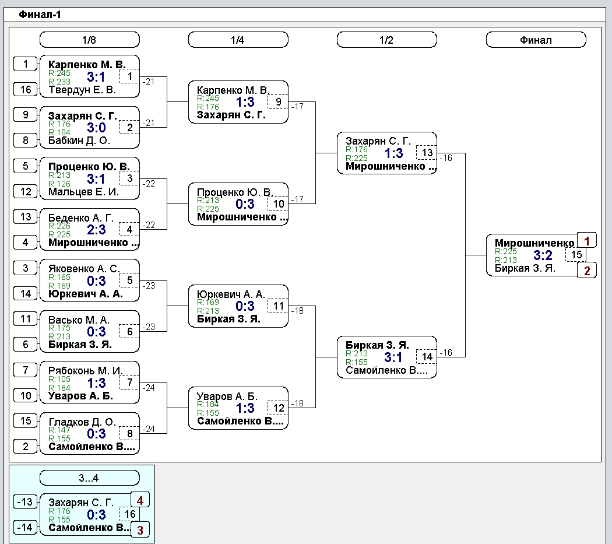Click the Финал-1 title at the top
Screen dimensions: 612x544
40,15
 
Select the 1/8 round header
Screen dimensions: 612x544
89,40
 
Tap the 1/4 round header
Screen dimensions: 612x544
238,40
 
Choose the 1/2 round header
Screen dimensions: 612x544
387,40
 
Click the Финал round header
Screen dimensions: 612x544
536,40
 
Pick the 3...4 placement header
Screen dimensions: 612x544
89,478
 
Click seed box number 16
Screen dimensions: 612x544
26,89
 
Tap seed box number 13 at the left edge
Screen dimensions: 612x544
26,217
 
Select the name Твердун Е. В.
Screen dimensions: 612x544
82,90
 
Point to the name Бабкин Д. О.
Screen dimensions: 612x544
79,141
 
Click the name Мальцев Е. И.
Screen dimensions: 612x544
83,192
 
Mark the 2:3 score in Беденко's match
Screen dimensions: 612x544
96,230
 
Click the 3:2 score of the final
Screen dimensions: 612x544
543,255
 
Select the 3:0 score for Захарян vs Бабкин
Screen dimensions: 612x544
96,128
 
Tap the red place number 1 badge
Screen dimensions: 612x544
586,241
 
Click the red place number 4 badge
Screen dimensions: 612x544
140,500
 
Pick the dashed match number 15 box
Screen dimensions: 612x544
576,255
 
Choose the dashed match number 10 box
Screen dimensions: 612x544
278,204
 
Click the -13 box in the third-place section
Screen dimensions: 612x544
26,502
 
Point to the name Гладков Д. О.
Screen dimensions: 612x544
82,422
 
